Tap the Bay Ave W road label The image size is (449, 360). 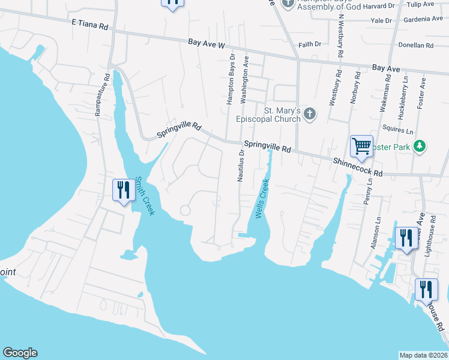coord(206,44)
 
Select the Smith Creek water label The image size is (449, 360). coord(145,196)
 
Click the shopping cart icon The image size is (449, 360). coord(361,146)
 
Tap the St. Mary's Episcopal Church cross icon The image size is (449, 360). coord(310,114)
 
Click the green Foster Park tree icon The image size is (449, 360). coord(421,146)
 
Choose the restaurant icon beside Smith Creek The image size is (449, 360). coord(124,190)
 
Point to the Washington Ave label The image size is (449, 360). coord(245,80)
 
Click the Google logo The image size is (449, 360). coord(20,353)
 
